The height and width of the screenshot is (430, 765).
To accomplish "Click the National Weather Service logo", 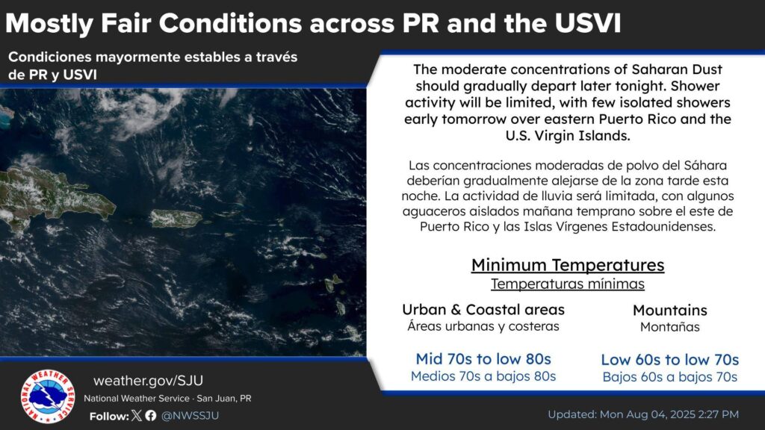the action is click(48, 396).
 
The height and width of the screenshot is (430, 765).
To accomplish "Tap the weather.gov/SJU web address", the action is click(149, 380).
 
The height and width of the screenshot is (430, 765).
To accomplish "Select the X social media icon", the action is click(137, 415).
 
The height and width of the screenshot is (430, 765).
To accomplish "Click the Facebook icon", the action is click(151, 415).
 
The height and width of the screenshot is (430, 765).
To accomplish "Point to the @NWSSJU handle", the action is click(190, 416).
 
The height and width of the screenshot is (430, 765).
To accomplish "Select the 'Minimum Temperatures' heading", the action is click(568, 265).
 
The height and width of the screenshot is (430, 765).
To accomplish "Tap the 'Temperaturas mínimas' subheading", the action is click(568, 284).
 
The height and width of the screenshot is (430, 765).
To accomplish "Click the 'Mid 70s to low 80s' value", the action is click(483, 359).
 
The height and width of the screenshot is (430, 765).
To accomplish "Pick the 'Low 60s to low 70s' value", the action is click(670, 360).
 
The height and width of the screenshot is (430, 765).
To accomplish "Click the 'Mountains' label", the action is click(670, 310).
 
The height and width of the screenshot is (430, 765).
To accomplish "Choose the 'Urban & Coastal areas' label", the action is click(483, 310).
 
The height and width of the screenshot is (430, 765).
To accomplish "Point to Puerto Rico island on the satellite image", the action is click(176, 219).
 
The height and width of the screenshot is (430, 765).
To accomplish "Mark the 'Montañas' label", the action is click(670, 327).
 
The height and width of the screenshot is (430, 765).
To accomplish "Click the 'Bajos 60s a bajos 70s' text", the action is click(670, 377).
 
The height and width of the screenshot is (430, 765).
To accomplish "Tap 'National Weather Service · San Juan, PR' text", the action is click(167, 399).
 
